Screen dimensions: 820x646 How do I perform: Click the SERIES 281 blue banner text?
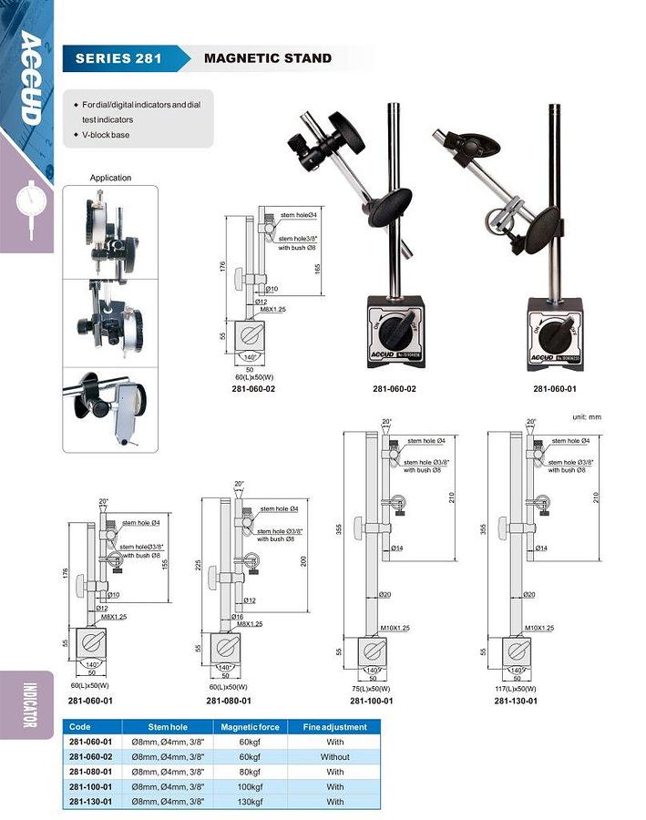[x=118, y=59]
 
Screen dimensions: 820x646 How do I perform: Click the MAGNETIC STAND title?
[x=267, y=59]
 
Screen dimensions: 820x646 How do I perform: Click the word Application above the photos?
[x=110, y=178]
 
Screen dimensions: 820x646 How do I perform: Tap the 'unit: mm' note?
[x=587, y=416]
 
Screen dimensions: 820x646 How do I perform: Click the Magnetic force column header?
[x=249, y=727]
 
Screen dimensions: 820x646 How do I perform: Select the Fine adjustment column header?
[x=334, y=727]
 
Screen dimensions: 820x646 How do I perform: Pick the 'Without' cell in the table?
[x=334, y=757]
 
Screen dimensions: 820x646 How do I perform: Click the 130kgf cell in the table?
[x=249, y=802]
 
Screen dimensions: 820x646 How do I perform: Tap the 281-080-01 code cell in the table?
[x=90, y=772]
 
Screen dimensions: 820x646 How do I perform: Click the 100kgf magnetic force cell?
[x=249, y=786]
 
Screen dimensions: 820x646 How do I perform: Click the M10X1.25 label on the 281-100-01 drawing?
[x=392, y=628]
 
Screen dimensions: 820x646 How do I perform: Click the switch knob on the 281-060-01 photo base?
[x=552, y=329]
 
